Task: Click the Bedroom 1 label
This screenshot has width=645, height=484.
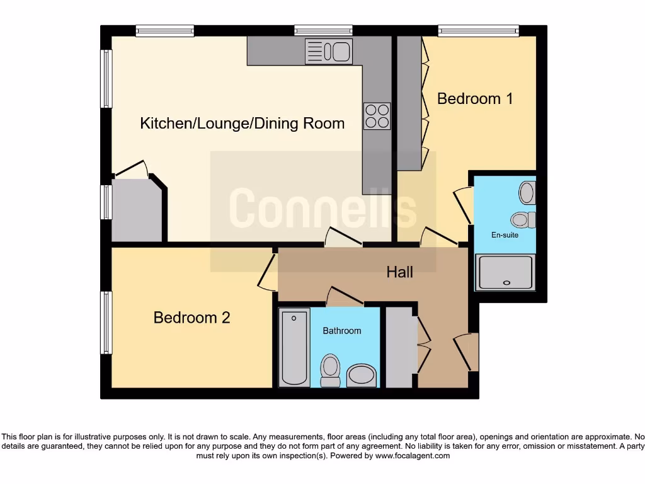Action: coord(475,99)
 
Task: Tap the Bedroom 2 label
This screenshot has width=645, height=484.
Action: coord(191,318)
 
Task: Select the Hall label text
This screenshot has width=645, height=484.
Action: coord(400,272)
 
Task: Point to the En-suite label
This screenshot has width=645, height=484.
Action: coord(505,235)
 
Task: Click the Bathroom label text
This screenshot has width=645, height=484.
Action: coord(342,331)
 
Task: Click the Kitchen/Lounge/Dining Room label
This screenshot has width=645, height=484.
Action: coord(242,123)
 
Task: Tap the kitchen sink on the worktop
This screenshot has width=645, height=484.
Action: coord(328,52)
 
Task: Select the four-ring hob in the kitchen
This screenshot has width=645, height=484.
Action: coord(377,116)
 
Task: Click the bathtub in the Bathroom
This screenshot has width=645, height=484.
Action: coord(295,347)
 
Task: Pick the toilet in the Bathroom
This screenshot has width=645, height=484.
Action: coord(329,369)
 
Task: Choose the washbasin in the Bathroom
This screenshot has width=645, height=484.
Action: coord(362,376)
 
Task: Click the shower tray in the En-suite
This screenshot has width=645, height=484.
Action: coord(505,272)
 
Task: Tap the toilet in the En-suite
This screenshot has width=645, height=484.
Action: coord(522,220)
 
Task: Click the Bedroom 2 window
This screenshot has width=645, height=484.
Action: coord(107,323)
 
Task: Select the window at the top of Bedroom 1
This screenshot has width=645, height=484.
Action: coord(479,30)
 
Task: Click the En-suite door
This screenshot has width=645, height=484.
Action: coord(465,205)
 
